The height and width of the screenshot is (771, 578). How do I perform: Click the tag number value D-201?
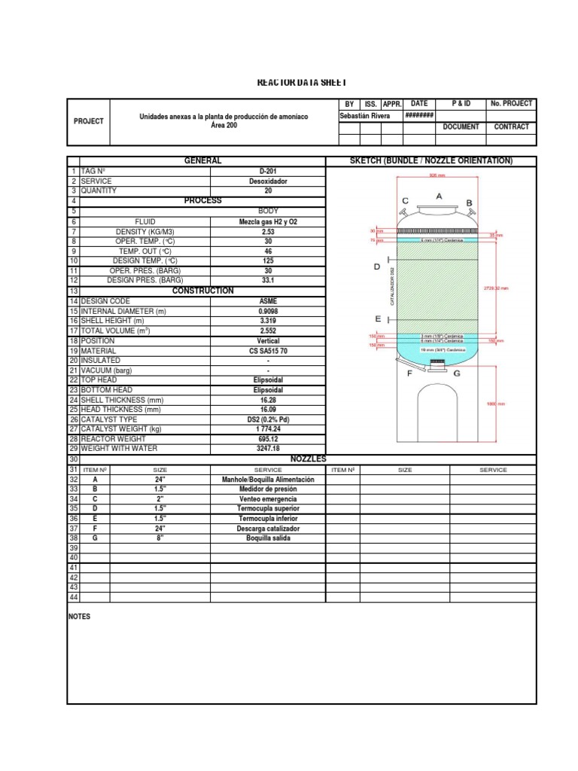[269, 172]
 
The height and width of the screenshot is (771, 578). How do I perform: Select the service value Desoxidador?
[269, 181]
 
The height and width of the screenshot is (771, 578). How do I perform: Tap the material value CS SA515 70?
[269, 351]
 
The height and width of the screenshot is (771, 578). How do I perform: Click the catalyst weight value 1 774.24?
[269, 429]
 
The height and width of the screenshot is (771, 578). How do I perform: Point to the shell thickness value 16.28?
[269, 400]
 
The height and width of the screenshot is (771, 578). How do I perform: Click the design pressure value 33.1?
[269, 280]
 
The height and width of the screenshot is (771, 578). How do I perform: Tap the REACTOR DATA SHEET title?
[291, 82]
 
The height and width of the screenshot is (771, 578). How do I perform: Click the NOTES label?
[79, 616]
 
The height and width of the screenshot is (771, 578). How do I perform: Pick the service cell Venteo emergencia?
[269, 498]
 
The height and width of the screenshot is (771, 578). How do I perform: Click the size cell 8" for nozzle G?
[160, 538]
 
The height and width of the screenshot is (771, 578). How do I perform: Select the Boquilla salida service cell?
[269, 538]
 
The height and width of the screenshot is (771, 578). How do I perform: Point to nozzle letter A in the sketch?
[440, 196]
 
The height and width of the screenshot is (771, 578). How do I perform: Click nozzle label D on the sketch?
[378, 267]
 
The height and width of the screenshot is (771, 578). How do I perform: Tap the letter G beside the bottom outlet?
[457, 374]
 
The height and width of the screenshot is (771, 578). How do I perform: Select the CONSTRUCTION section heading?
[202, 291]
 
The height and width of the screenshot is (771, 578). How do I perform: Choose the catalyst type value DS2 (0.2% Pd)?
[269, 419]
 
